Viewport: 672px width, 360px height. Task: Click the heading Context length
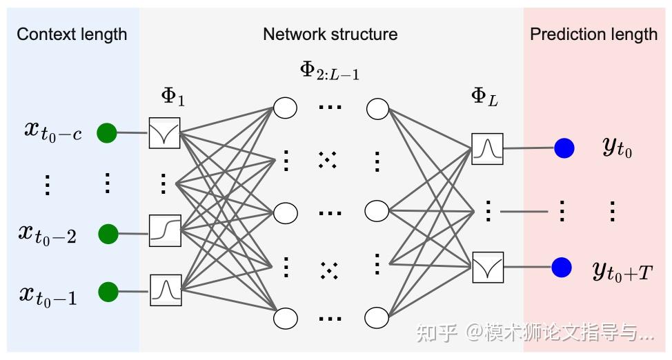[72, 34]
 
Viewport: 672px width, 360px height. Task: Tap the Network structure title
[330, 34]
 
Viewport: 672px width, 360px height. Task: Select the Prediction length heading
[593, 34]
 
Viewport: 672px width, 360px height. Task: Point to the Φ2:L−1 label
[329, 70]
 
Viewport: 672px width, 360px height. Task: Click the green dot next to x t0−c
[107, 132]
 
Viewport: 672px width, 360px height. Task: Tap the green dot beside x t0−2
[107, 234]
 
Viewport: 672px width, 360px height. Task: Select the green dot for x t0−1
[107, 292]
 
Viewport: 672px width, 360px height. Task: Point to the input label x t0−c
[52, 130]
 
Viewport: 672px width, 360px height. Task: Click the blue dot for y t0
[564, 148]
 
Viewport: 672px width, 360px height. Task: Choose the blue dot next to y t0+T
[562, 268]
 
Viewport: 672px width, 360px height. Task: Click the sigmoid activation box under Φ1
[165, 230]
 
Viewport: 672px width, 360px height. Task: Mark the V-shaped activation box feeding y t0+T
[488, 268]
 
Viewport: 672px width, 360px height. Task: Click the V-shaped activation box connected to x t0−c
[164, 132]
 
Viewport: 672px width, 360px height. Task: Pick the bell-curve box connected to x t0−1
[166, 290]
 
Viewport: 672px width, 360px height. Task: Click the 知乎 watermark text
[437, 334]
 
